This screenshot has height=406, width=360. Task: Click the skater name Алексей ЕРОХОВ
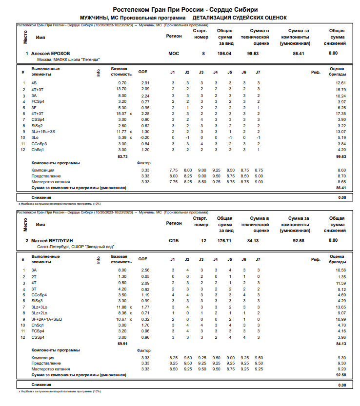[x=50, y=53]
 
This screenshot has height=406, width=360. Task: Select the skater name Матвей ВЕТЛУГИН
[x=53, y=240]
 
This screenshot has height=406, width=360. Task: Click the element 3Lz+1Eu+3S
[x=43, y=132]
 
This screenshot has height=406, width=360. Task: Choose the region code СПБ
[x=174, y=240]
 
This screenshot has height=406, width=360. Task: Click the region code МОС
[x=174, y=53]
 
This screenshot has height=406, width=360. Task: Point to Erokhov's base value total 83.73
[x=122, y=156]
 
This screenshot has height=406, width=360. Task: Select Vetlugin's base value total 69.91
[x=122, y=344]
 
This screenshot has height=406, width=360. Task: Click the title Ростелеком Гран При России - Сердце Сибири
[x=185, y=9]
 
